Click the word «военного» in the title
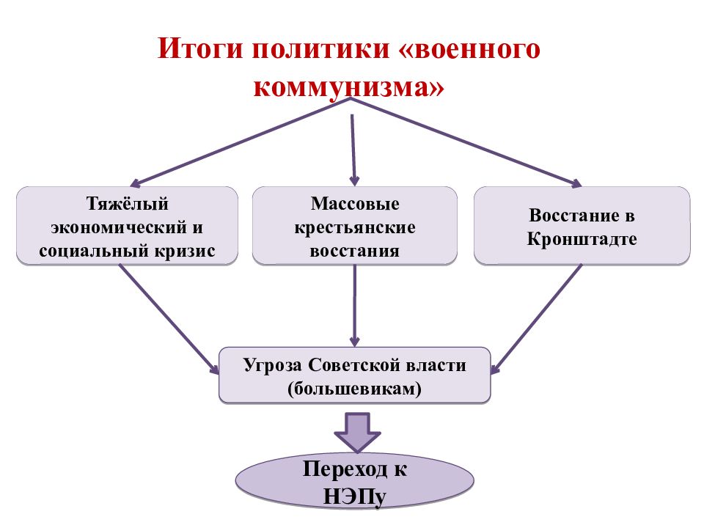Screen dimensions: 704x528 (x=477, y=49)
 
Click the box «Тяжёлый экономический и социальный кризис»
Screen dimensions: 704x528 (x=127, y=226)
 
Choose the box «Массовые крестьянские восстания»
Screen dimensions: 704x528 (x=355, y=226)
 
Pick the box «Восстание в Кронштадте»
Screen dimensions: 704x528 (x=582, y=226)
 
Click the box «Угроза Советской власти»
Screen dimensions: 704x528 (x=355, y=375)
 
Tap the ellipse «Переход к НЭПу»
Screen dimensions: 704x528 (x=355, y=481)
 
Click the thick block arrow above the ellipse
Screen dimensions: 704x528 (x=357, y=433)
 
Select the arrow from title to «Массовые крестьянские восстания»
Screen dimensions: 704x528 (x=353, y=150)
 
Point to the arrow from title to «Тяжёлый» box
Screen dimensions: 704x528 (x=241, y=142)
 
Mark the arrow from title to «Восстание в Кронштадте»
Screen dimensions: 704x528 (x=466, y=142)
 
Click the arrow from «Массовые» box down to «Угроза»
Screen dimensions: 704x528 (x=355, y=305)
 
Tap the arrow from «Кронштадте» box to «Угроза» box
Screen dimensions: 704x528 (x=536, y=319)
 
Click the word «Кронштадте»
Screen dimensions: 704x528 (x=582, y=239)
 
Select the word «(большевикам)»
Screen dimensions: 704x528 (x=355, y=389)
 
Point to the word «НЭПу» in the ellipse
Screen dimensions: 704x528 (x=355, y=497)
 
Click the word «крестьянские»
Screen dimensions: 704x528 (x=355, y=227)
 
